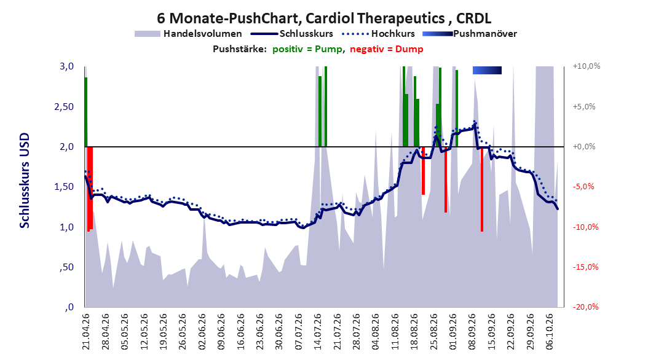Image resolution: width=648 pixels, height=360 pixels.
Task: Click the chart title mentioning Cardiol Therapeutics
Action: (324, 18)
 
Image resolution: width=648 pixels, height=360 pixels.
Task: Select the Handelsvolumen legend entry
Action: (189, 34)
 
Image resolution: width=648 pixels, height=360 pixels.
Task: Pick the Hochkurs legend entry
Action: (379, 34)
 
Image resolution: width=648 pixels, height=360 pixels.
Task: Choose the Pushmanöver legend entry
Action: (470, 34)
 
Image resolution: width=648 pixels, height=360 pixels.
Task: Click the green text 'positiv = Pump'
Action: (307, 49)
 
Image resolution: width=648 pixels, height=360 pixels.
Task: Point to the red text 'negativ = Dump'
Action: (387, 49)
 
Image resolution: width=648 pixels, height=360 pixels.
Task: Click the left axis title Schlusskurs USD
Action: (25, 181)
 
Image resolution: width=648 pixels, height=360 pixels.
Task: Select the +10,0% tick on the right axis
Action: (587, 66)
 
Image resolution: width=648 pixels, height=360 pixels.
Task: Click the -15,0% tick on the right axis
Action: (585, 267)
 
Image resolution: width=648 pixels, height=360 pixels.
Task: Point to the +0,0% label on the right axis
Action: (584, 147)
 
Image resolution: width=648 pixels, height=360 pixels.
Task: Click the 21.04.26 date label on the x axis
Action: (86, 332)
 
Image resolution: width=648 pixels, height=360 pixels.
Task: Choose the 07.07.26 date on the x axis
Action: (298, 332)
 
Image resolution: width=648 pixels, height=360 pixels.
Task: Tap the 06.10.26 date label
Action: (550, 332)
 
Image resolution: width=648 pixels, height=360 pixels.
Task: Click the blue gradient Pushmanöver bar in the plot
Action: (488, 70)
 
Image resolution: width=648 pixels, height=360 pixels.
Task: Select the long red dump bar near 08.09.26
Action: (482, 189)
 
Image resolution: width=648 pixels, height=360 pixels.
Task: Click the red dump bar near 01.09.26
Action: (446, 179)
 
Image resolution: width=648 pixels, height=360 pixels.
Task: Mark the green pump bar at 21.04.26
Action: (86, 112)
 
